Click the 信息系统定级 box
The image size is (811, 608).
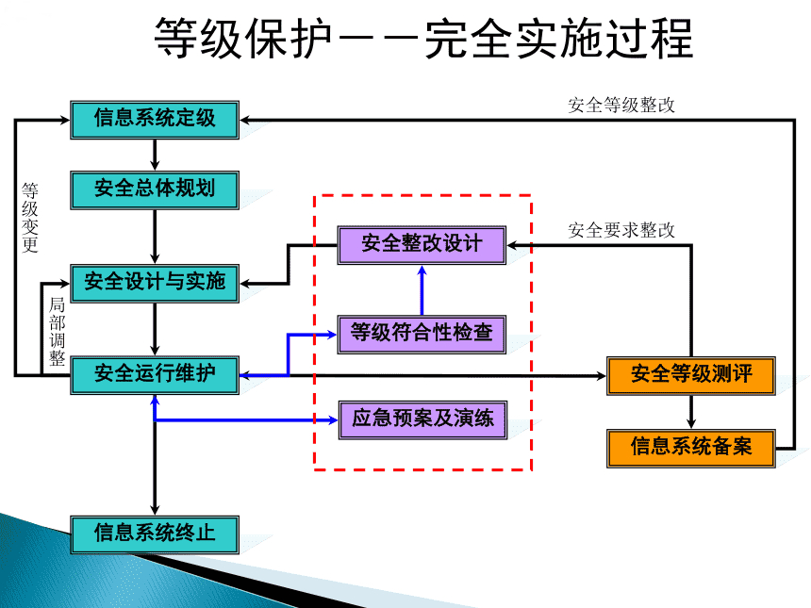point(155,119)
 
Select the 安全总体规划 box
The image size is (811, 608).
point(155,189)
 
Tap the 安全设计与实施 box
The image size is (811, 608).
point(155,282)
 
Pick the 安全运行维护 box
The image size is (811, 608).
point(155,374)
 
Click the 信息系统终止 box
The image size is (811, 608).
point(155,534)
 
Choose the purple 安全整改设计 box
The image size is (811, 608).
point(422,244)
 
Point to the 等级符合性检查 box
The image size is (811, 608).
point(422,333)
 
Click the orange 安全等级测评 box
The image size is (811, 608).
point(691,375)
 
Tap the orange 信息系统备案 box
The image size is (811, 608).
point(691,447)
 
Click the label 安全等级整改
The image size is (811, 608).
point(621,106)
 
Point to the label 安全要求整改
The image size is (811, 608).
point(621,230)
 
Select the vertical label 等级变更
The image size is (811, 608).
point(30,218)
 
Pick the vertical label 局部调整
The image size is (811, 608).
point(57,331)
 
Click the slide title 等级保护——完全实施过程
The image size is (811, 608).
point(423,40)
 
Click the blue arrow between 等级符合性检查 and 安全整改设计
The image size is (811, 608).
point(422,288)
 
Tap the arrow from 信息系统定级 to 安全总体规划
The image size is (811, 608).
point(155,154)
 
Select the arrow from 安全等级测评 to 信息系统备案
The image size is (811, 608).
point(691,411)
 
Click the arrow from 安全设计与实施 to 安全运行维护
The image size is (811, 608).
point(155,328)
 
